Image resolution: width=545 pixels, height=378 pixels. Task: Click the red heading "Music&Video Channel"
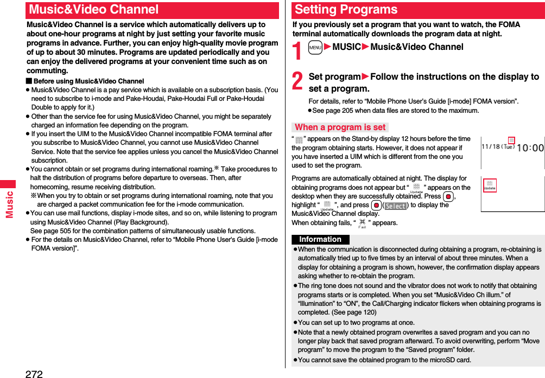(94, 10)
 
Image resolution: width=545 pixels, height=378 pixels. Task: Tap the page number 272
(34, 373)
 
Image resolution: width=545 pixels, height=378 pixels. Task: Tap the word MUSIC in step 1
(346, 47)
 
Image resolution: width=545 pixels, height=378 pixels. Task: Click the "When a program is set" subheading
(340, 127)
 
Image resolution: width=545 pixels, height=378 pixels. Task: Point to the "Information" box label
(320, 240)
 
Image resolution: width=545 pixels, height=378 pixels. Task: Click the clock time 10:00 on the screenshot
(529, 148)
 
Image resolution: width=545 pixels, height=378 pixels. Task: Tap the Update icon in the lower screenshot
(490, 185)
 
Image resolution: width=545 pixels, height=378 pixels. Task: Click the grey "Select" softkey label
(395, 206)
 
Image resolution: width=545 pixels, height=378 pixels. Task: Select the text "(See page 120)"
(353, 312)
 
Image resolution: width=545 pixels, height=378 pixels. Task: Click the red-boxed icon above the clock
(511, 140)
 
